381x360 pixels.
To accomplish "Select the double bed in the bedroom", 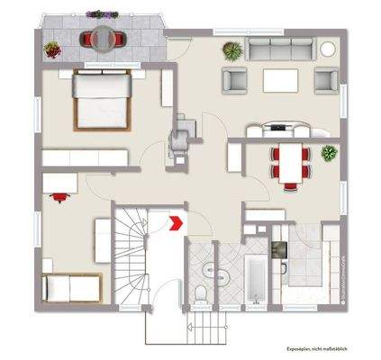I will coord(101,100).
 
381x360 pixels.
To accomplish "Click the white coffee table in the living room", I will coord(279,80).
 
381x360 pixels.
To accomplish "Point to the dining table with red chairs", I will coord(290,164).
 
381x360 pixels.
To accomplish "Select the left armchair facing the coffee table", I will coord(235,80).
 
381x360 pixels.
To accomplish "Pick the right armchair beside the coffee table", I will coord(323,80).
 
